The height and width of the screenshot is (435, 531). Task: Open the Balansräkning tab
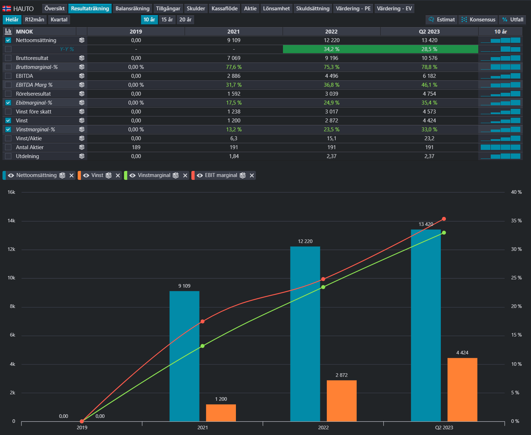[x=133, y=9]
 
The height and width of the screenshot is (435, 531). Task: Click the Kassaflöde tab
[x=224, y=9]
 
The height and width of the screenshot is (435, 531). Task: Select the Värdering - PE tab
[x=353, y=9]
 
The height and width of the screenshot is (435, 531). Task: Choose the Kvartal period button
[x=59, y=20]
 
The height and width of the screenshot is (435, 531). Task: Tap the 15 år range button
[x=167, y=20]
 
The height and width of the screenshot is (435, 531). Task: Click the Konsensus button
[x=478, y=20]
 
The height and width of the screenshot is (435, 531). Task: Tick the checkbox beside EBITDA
[x=8, y=76]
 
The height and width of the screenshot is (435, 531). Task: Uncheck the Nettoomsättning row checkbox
[x=8, y=40]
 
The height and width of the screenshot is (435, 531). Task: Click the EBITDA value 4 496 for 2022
[x=331, y=76]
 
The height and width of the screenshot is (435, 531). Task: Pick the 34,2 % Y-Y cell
[x=331, y=49]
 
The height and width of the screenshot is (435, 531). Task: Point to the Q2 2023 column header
[x=429, y=31]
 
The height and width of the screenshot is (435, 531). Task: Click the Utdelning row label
[x=27, y=156]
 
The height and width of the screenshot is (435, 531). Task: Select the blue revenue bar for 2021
[x=184, y=356]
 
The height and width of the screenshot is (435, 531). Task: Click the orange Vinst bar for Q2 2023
[x=462, y=389]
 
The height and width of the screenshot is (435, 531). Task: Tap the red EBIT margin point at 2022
[x=323, y=279]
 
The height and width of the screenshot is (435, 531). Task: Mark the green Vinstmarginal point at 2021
[x=203, y=346]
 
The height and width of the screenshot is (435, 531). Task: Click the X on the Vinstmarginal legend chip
[x=185, y=176]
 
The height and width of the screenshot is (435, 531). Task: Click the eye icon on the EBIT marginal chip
[x=200, y=176]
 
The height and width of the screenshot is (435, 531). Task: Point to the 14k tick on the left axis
[x=11, y=221]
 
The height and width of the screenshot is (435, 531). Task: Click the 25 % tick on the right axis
[x=516, y=278]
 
